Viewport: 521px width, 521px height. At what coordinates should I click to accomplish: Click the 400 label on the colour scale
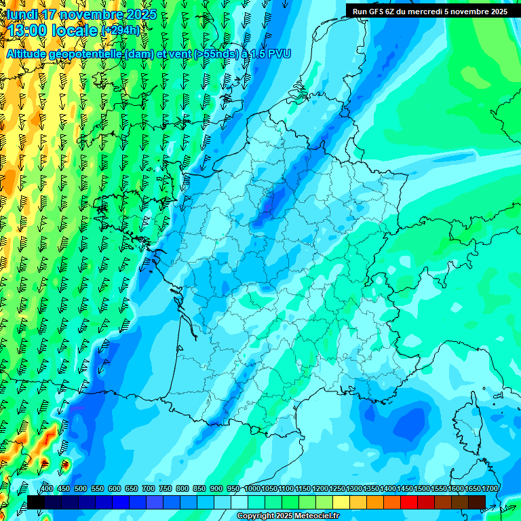[x=47, y=489]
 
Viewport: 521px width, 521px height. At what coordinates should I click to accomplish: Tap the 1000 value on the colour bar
[x=252, y=489]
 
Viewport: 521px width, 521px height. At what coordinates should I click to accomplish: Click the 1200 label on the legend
[x=320, y=489]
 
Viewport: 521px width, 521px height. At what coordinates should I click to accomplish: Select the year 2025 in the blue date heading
[x=142, y=14]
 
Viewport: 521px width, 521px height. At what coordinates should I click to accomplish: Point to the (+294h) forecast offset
[x=120, y=31]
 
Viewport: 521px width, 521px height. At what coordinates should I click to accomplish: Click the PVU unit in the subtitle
[x=278, y=54]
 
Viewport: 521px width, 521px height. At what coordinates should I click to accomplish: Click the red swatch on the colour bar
[x=409, y=502]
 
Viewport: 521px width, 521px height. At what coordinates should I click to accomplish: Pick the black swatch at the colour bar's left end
[x=36, y=502]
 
